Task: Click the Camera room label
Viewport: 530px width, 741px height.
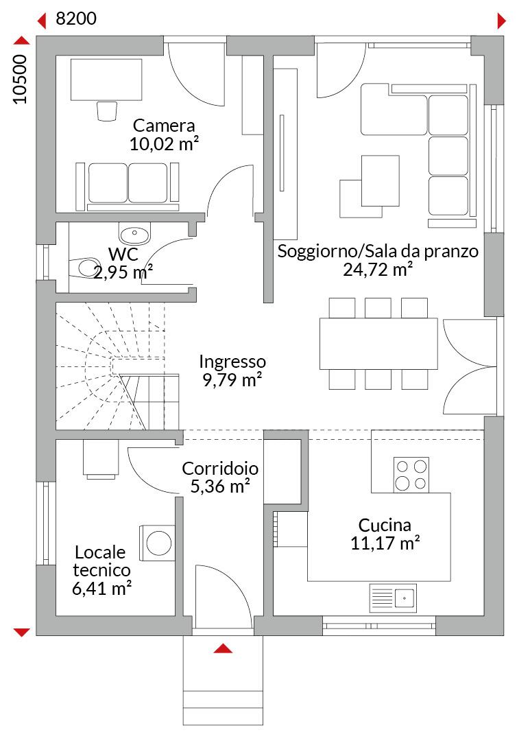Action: pos(163,126)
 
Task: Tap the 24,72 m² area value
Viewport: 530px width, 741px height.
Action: pos(377,270)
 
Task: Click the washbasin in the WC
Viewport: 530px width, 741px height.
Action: pos(134,233)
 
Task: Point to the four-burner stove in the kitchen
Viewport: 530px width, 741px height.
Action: pos(411,475)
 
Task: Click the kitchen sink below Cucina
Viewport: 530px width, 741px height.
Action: pos(393,598)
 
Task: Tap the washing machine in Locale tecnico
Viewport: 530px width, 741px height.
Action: pos(156,542)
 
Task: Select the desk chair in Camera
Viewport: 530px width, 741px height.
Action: pos(107,110)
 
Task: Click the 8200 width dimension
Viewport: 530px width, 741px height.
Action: pos(76,19)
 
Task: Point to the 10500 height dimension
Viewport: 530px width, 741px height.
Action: pos(20,79)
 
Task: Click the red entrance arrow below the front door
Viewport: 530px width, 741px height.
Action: pos(223,648)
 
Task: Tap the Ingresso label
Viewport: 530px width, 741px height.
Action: pos(232,362)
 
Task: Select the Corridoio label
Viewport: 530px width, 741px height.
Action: pos(220,469)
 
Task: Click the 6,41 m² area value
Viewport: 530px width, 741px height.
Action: pos(101,589)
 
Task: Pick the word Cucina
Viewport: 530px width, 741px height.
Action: pos(385,525)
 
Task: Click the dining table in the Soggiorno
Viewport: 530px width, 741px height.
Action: pos(378,344)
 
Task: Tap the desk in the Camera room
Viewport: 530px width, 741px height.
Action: pos(106,80)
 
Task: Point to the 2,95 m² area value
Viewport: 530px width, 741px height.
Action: pos(122,272)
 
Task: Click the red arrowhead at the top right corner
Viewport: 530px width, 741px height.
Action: pos(501,21)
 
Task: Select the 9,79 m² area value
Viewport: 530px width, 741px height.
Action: pos(232,380)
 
